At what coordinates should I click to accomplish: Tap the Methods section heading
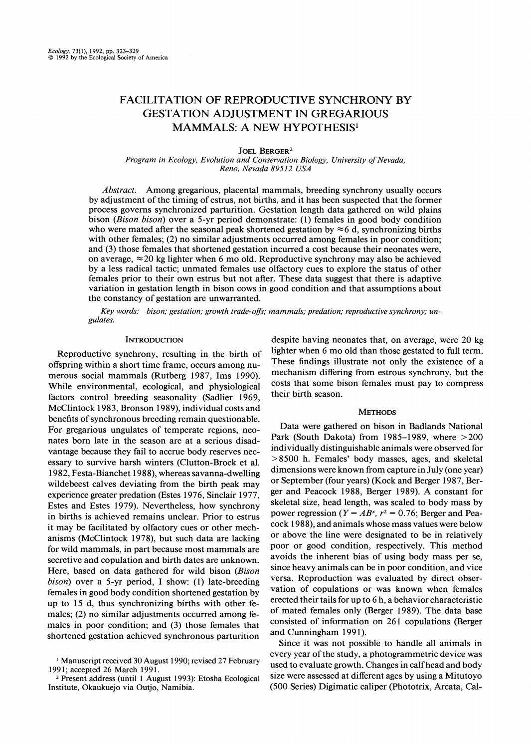[x=377, y=412]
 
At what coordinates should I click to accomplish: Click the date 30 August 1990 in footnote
[x=141, y=661]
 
